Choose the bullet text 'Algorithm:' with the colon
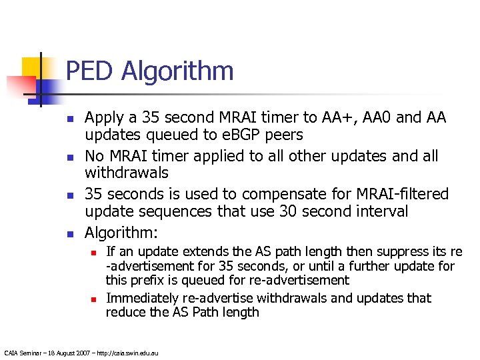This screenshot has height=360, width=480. (122, 233)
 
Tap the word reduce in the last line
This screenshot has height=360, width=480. (125, 312)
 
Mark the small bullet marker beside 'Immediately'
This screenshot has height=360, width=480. (94, 299)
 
